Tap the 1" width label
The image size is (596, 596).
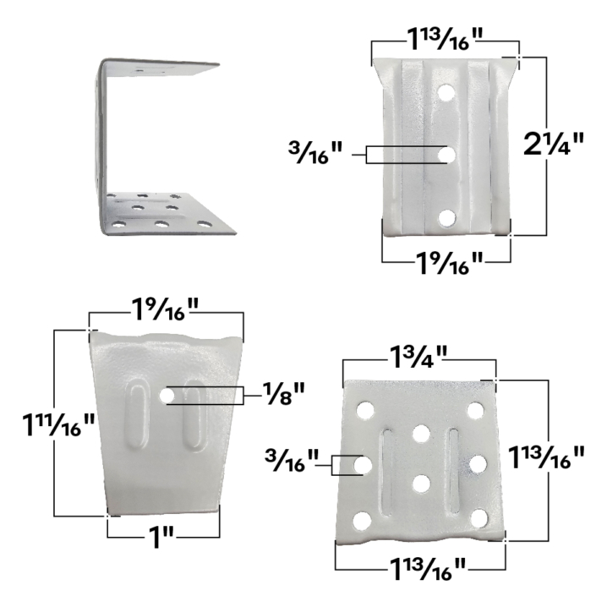161,536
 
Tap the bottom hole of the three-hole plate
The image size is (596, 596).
446,219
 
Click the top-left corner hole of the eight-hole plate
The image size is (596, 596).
365,411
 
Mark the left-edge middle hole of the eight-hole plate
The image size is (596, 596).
362,464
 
